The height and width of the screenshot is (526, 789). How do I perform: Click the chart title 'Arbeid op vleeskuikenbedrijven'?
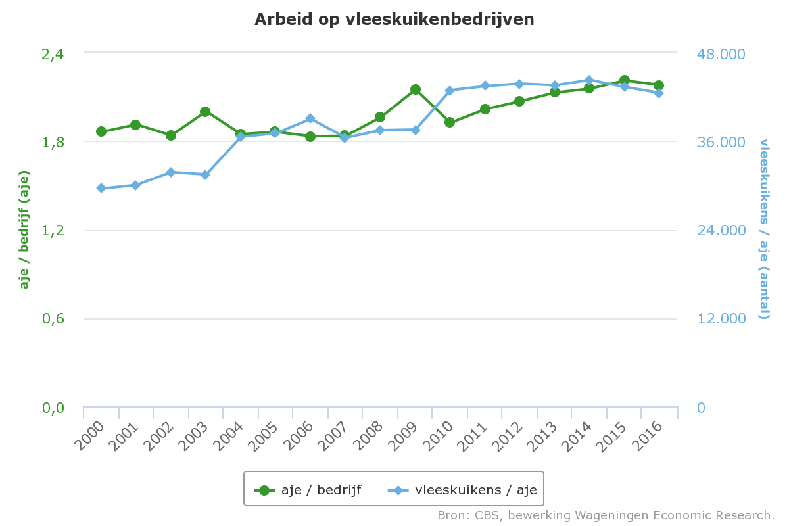394,20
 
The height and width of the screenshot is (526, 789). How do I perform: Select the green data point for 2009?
415,89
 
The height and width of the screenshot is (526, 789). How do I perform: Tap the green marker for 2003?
205,112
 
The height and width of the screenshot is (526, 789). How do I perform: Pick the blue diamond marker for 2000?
101,188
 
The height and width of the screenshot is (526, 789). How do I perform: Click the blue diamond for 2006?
310,118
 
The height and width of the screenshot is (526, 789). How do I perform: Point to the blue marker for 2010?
450,90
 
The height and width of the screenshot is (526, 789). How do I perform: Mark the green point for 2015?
625,80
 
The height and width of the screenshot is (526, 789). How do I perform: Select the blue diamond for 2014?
589,80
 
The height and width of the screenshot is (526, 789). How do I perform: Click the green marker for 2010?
450,122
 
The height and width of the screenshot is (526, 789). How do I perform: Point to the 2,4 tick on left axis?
53,53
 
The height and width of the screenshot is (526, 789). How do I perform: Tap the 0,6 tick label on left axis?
53,319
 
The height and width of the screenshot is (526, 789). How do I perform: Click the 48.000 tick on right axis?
721,53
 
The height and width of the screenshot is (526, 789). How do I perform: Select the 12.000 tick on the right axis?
721,319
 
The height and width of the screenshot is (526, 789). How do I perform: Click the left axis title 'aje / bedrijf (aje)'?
25,229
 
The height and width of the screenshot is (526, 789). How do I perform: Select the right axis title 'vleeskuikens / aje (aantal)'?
764,228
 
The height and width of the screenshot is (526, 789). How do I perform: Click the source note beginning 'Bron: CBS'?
606,515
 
